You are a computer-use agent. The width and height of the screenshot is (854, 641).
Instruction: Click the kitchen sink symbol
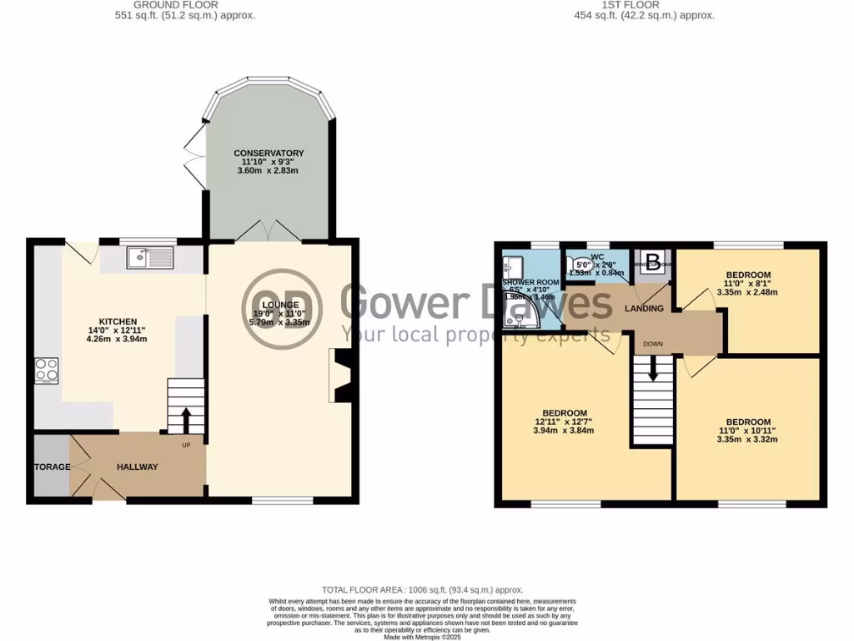click(x=150, y=258)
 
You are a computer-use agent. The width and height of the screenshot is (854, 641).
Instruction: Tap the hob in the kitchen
click(x=47, y=370)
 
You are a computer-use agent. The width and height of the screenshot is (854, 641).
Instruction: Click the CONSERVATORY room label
click(x=269, y=154)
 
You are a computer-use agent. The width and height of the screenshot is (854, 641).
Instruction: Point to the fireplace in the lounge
click(x=343, y=376)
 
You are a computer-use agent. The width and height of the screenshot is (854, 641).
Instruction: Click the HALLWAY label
click(x=137, y=467)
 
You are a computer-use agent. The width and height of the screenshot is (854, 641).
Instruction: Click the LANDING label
click(x=645, y=309)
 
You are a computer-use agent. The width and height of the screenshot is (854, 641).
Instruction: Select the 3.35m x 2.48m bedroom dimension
click(x=747, y=292)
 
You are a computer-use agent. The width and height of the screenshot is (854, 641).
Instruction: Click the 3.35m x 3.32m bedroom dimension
click(x=747, y=439)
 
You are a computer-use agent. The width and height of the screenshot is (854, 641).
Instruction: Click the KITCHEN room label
click(x=112, y=321)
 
